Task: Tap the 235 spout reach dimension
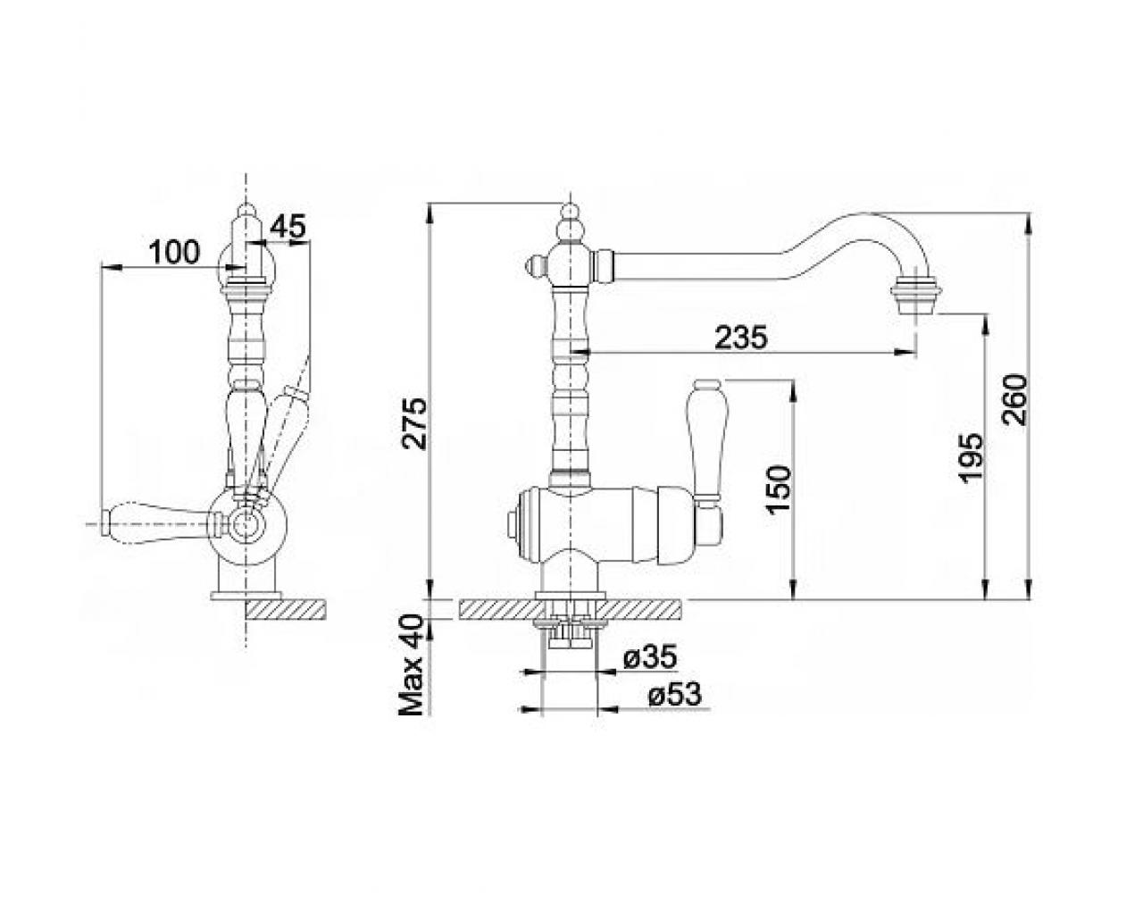click(x=741, y=337)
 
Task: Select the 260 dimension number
click(x=1015, y=400)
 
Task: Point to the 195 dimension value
click(x=972, y=458)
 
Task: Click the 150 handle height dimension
click(x=779, y=489)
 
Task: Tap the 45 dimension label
click(x=288, y=226)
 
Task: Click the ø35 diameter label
click(x=651, y=657)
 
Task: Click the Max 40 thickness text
click(x=411, y=665)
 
